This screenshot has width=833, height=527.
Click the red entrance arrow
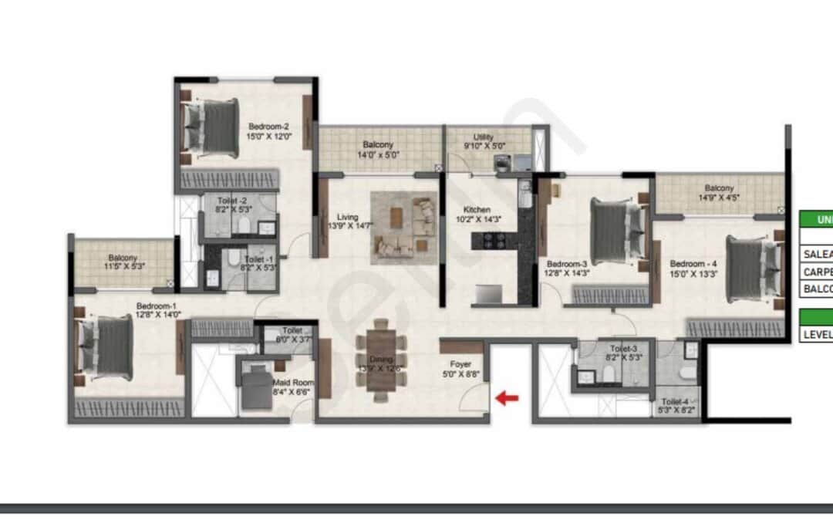(507, 398)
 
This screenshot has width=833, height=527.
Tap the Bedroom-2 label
(268, 127)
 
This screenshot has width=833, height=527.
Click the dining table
(379, 360)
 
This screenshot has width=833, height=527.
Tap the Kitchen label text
(477, 210)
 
